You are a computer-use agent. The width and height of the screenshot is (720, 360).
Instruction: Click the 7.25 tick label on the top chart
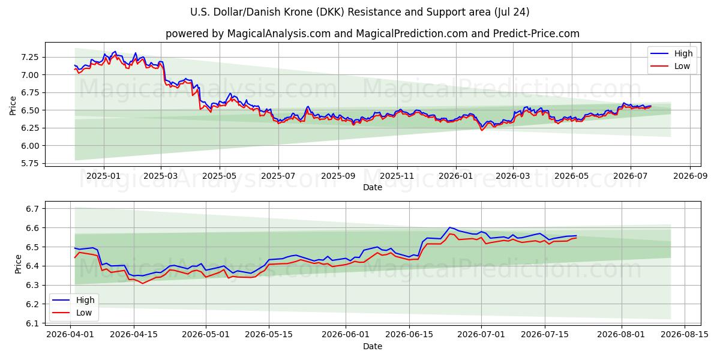(x=29, y=57)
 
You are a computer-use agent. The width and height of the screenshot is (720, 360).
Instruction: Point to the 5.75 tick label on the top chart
(x=29, y=164)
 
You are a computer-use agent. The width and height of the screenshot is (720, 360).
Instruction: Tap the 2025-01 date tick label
(x=103, y=176)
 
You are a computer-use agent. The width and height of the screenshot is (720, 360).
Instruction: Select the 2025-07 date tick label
(x=278, y=176)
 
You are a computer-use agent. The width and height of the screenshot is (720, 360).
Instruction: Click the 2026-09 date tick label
(x=690, y=176)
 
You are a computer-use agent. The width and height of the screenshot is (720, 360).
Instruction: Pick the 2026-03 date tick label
(x=512, y=176)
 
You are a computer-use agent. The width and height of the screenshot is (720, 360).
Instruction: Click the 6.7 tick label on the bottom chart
(x=32, y=209)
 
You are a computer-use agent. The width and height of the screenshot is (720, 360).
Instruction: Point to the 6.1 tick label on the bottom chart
(x=32, y=323)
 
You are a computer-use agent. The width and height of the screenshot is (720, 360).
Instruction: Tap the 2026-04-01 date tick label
(x=70, y=335)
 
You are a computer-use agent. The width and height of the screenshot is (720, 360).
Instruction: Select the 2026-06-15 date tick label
(x=409, y=335)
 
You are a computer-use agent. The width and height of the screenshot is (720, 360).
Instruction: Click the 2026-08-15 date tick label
(x=685, y=335)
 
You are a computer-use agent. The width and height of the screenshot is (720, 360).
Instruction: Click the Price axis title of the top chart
(x=13, y=106)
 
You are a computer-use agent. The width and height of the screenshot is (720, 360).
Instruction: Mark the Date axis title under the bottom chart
(x=373, y=347)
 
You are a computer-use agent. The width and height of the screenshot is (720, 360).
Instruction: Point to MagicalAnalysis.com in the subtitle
(x=279, y=34)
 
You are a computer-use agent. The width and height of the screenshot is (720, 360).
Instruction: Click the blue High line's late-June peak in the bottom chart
(x=449, y=227)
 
